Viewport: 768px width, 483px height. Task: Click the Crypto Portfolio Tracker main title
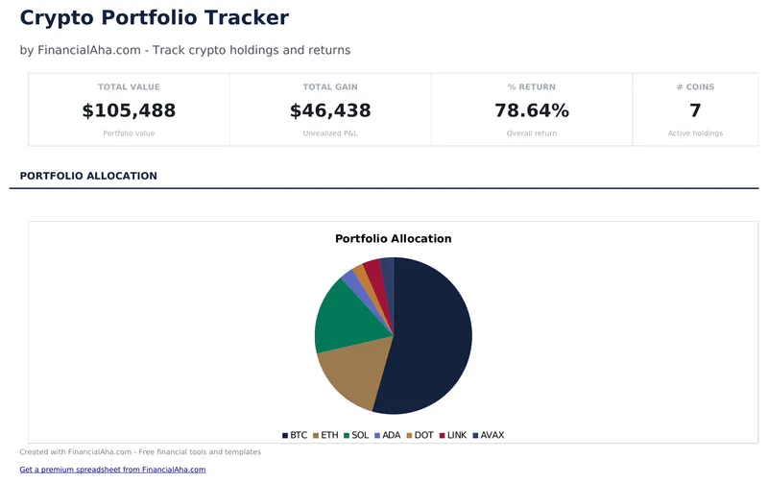154,17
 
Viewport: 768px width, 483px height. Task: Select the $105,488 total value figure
129,110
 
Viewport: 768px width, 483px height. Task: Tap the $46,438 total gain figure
330,110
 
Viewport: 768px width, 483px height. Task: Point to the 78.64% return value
531,110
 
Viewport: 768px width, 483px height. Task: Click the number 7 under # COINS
695,110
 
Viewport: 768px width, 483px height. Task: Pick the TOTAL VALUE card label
129,87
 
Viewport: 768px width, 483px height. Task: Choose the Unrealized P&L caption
330,133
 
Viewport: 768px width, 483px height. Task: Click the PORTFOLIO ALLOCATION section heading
88,176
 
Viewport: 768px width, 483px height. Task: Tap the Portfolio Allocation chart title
393,238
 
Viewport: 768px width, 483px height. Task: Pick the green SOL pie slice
341,317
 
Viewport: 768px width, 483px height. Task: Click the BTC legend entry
295,435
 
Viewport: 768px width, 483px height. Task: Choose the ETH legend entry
325,435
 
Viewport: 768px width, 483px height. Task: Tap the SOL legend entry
356,435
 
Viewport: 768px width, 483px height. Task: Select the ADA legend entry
387,435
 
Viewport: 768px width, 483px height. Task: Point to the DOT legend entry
419,435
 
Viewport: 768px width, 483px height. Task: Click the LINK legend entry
452,435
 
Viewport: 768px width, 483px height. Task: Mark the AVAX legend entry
488,435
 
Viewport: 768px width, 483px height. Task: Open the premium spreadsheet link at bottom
112,470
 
